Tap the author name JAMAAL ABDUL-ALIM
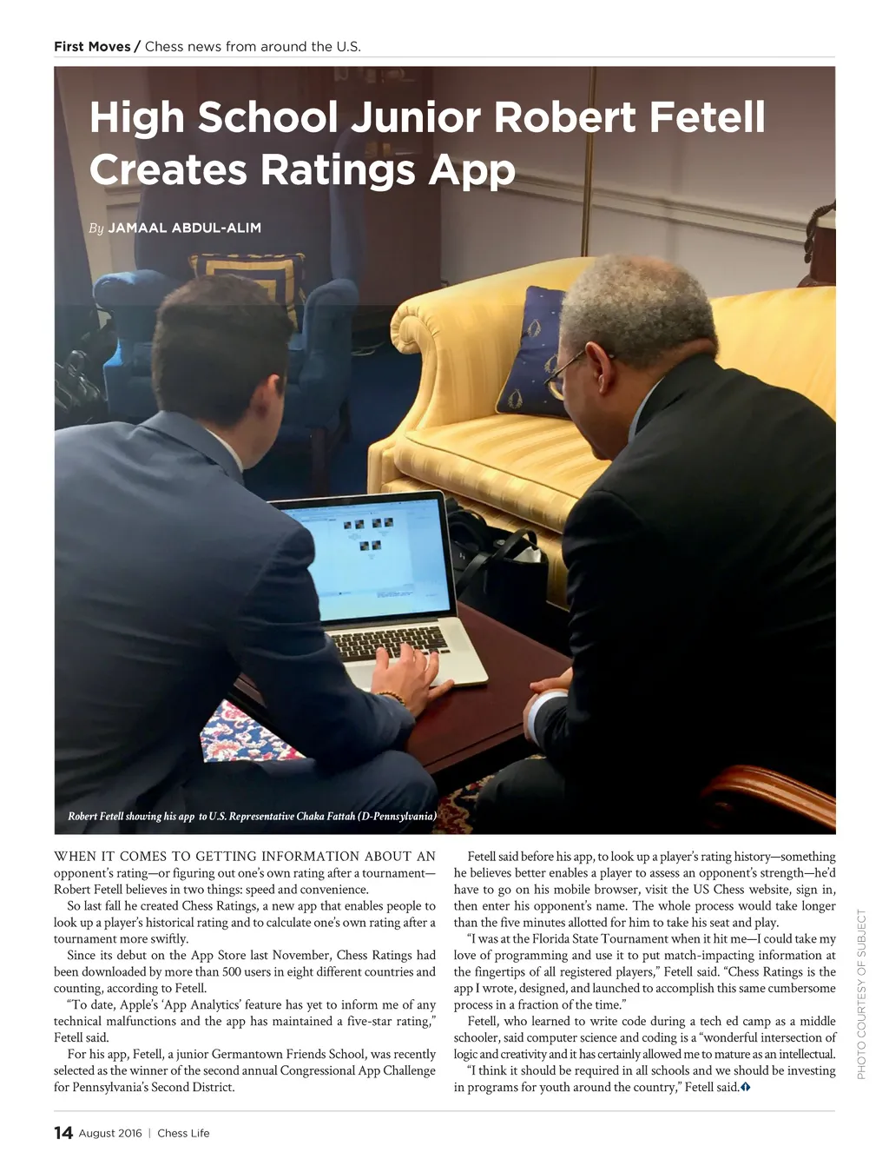point(184,228)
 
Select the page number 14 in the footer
point(63,1132)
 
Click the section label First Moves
point(92,47)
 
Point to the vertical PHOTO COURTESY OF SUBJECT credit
point(861,994)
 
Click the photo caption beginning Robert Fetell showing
point(252,816)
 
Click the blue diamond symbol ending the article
point(746,1087)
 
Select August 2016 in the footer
point(110,1133)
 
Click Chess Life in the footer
point(183,1133)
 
